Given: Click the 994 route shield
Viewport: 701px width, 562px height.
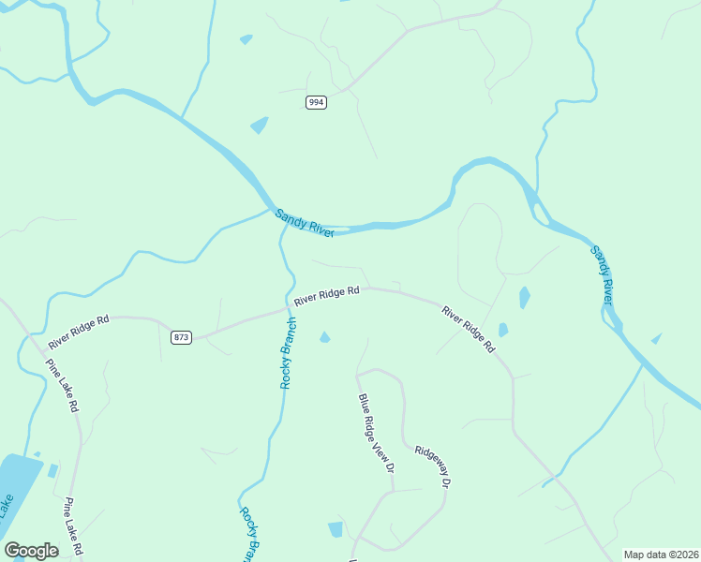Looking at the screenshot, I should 316,102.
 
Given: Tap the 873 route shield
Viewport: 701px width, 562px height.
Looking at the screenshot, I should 182,337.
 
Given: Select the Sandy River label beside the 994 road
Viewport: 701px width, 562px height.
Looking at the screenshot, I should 305,223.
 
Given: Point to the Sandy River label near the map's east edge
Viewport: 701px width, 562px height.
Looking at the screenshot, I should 602,274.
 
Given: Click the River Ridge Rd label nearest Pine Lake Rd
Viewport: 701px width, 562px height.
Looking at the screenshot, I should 79,329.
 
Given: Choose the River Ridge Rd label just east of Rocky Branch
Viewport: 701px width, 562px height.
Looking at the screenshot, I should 326,296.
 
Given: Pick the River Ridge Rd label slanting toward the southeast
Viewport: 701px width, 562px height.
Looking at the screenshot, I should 468,329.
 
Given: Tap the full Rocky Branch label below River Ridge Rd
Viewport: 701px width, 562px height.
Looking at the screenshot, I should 289,353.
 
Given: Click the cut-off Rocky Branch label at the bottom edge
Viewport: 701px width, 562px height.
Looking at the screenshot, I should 248,534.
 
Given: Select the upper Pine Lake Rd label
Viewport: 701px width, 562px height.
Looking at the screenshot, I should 62,384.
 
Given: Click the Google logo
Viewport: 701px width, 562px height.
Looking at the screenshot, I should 31,551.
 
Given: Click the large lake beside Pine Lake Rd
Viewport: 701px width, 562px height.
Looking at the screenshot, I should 19,482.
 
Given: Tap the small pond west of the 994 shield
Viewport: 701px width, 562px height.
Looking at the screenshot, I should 259,125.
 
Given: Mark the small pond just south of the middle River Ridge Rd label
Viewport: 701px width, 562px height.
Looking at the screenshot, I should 325,337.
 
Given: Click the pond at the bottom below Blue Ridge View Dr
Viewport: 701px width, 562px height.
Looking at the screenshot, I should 336,529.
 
